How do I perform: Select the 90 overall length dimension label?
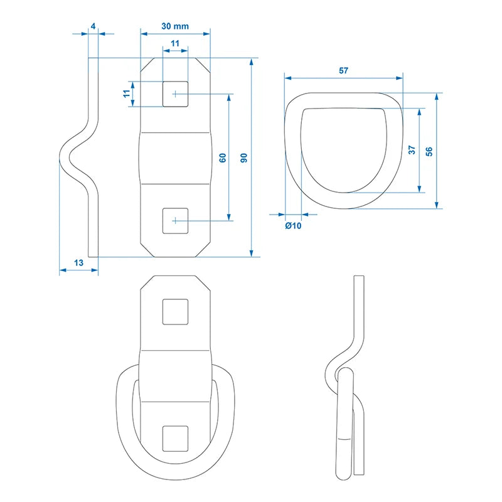244,158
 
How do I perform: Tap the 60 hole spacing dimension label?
222,158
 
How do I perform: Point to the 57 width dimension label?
343,71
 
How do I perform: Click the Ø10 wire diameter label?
293,226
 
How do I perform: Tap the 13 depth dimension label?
78,264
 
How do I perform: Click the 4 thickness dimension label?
93,26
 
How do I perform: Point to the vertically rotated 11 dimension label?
126,93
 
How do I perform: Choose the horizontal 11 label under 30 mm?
175,43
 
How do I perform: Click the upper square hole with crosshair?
175,94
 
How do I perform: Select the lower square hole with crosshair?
175,220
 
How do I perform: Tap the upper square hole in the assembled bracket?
175,312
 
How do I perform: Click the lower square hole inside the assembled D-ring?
175,437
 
